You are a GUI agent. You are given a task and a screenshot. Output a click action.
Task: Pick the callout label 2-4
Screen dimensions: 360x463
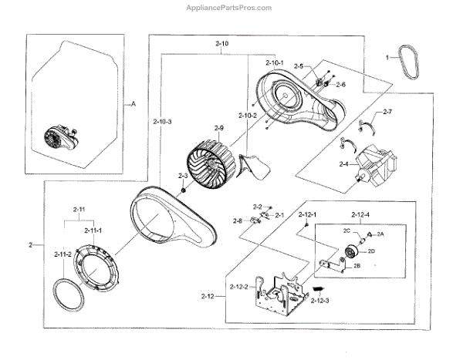click(343, 164)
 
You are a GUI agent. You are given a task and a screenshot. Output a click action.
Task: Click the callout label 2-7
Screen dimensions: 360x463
click(387, 113)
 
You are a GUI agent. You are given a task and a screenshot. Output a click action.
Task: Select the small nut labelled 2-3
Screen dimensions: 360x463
click(179, 190)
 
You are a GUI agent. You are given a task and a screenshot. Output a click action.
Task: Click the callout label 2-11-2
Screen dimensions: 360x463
click(63, 254)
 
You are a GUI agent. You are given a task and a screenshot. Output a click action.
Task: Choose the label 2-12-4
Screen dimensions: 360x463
click(360, 214)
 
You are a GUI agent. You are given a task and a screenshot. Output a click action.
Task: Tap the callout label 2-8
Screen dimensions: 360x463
click(238, 221)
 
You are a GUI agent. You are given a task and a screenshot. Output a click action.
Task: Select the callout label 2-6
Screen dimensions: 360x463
click(340, 84)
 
